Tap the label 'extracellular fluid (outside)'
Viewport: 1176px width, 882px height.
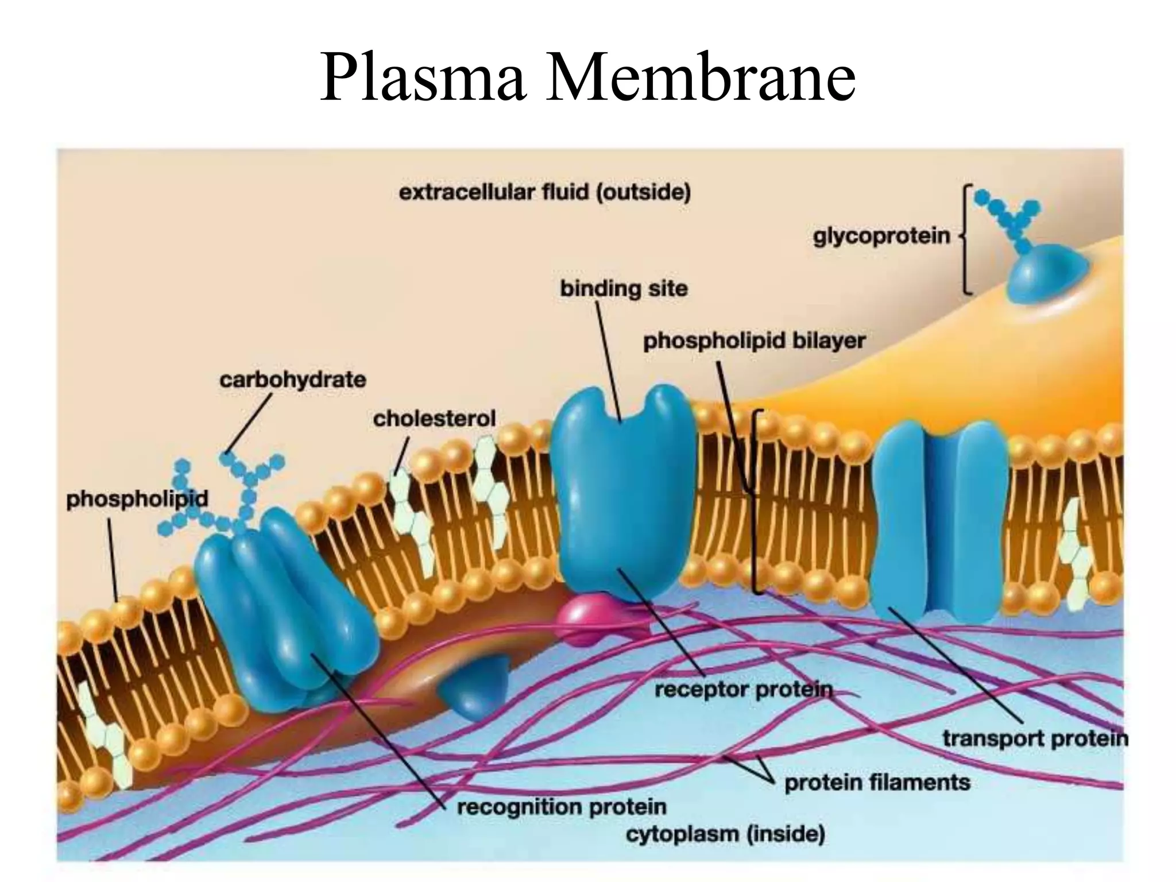tap(544, 192)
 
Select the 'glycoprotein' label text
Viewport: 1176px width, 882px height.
tap(881, 236)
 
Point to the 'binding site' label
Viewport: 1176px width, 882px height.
tap(624, 288)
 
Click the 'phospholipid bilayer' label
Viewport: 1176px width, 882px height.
tap(754, 341)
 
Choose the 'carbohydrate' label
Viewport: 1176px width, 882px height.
tap(292, 380)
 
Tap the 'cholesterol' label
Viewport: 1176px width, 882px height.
tap(434, 419)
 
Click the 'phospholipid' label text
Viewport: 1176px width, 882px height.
tap(137, 499)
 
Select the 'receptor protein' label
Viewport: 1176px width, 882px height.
tap(743, 690)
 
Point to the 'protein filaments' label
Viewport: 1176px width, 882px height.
tap(877, 783)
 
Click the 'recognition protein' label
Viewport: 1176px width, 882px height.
tap(561, 807)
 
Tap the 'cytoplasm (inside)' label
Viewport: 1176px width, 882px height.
tap(725, 834)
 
